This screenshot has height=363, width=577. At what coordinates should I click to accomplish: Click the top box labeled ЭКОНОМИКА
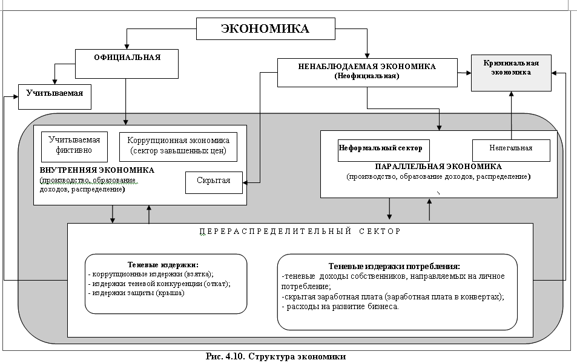click(265, 28)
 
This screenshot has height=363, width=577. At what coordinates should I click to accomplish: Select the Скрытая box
click(213, 181)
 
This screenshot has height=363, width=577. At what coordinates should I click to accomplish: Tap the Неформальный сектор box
click(380, 148)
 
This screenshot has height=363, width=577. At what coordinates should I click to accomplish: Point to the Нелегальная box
click(511, 148)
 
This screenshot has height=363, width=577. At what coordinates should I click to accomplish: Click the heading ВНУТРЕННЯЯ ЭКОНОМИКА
click(97, 170)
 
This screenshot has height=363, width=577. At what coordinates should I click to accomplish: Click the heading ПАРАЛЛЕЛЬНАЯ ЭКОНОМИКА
click(438, 167)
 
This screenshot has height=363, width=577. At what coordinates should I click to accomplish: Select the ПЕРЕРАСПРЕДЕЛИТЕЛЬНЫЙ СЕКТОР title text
click(300, 231)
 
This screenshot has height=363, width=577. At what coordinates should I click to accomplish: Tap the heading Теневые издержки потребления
click(394, 267)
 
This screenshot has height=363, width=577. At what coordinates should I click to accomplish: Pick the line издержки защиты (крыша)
click(136, 293)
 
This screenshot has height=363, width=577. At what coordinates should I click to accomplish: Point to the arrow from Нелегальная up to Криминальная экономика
click(511, 115)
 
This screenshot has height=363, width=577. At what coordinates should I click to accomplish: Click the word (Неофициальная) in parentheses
click(366, 77)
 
